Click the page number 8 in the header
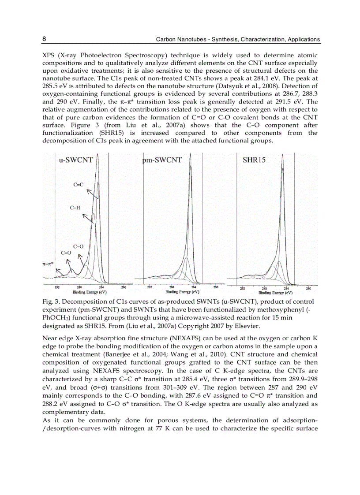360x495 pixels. (x=44, y=39)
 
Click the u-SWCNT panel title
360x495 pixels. (x=76, y=160)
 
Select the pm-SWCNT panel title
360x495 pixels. (x=162, y=160)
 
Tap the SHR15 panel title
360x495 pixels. (x=254, y=160)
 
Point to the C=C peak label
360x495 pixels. (x=79, y=185)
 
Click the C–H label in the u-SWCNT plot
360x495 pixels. (x=75, y=207)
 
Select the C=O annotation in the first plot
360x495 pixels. (x=66, y=253)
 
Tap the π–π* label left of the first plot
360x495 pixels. (x=48, y=264)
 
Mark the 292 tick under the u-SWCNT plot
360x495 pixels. (x=57, y=288)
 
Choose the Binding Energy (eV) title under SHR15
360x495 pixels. (x=275, y=293)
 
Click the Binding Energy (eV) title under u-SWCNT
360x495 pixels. (x=90, y=292)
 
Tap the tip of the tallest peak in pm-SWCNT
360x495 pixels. (x=190, y=155)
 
